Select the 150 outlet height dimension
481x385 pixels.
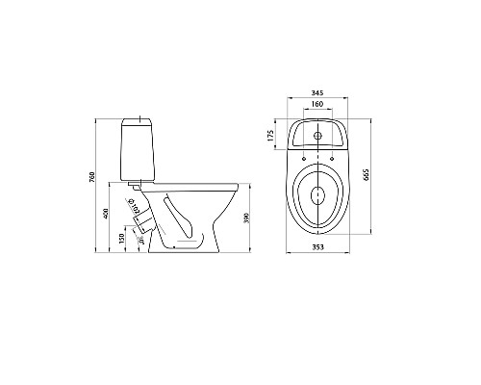click(x=120, y=238)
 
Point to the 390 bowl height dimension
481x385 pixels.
click(x=250, y=219)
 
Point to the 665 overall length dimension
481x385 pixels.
click(x=367, y=178)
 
